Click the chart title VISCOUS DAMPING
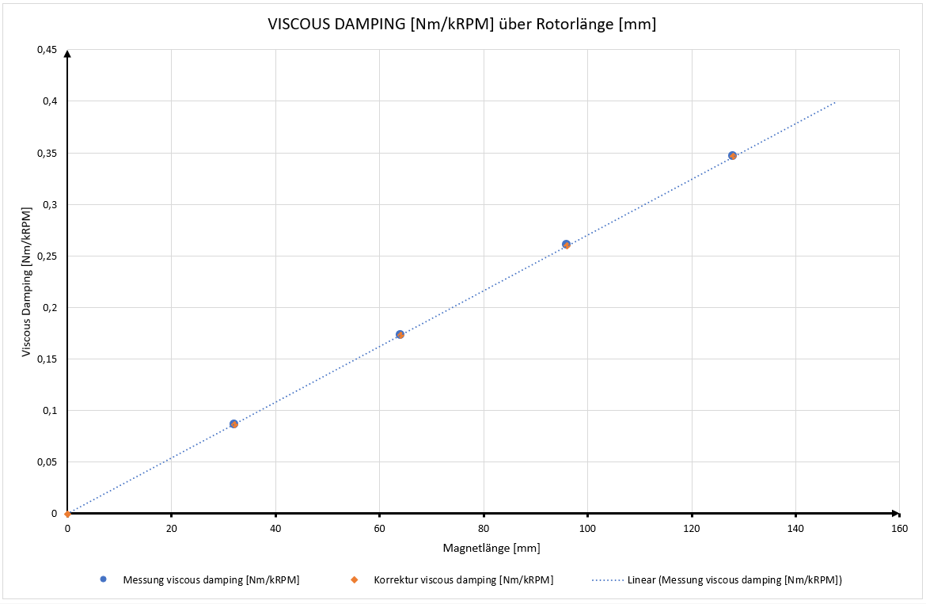[463, 25]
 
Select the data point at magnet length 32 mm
[233, 424]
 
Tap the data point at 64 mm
[400, 335]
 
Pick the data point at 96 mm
[566, 245]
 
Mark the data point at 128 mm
[732, 156]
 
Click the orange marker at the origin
[67, 514]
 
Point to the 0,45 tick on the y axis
[47, 50]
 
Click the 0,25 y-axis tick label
[47, 256]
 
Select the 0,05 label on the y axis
[47, 462]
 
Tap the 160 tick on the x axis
[899, 528]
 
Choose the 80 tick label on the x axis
[484, 528]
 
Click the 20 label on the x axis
[171, 528]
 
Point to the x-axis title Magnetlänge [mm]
[483, 548]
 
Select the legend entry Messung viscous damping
[211, 580]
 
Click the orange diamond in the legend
[355, 580]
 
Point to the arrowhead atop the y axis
[67, 54]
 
